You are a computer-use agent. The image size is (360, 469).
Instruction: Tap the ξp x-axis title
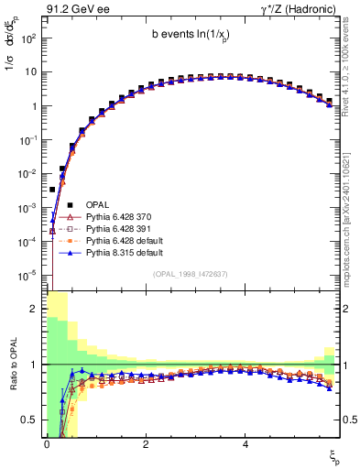[334, 455]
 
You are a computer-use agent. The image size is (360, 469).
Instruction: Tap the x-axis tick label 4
[245, 443]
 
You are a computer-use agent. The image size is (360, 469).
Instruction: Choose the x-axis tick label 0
[46, 443]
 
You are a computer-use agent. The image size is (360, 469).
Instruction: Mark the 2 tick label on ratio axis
[33, 309]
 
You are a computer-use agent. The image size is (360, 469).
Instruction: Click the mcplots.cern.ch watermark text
[349, 211]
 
